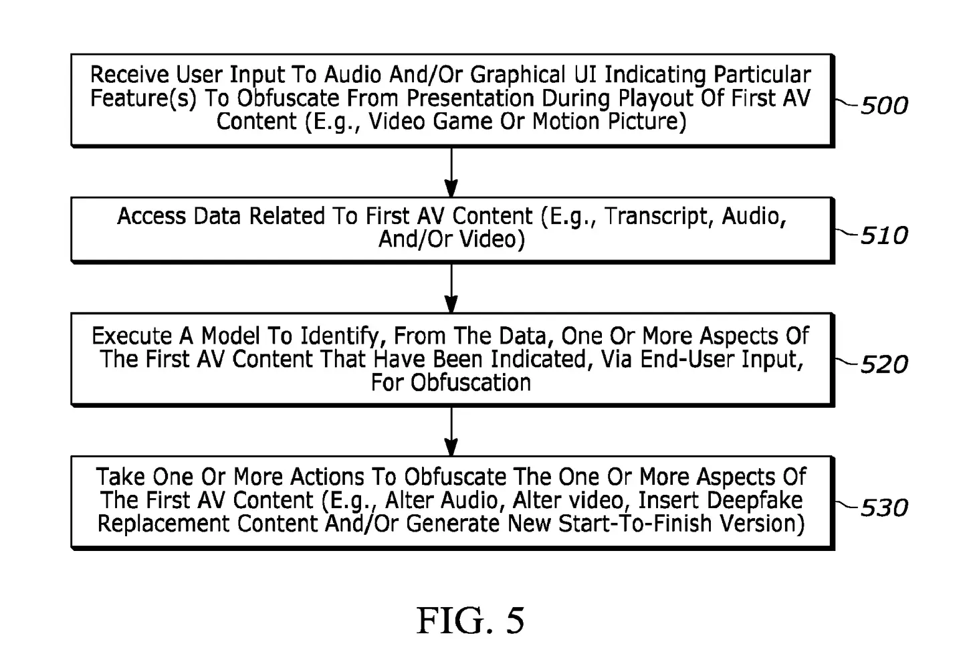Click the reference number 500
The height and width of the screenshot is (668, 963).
coord(883,106)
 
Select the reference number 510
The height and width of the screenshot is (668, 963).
coord(883,235)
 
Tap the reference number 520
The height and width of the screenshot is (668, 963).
coord(883,364)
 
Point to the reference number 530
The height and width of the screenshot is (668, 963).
coord(883,508)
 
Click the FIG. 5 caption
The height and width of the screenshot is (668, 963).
coord(470,621)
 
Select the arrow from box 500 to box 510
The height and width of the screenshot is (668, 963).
coord(451,172)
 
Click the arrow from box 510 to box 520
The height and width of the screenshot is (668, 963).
coord(451,288)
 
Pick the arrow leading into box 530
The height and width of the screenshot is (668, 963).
coord(451,431)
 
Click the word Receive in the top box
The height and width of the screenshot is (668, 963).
coord(130,74)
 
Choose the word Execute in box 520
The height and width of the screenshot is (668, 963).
coord(131,336)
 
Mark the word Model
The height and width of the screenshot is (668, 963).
coord(231,336)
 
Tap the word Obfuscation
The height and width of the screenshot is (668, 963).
coord(471,382)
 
